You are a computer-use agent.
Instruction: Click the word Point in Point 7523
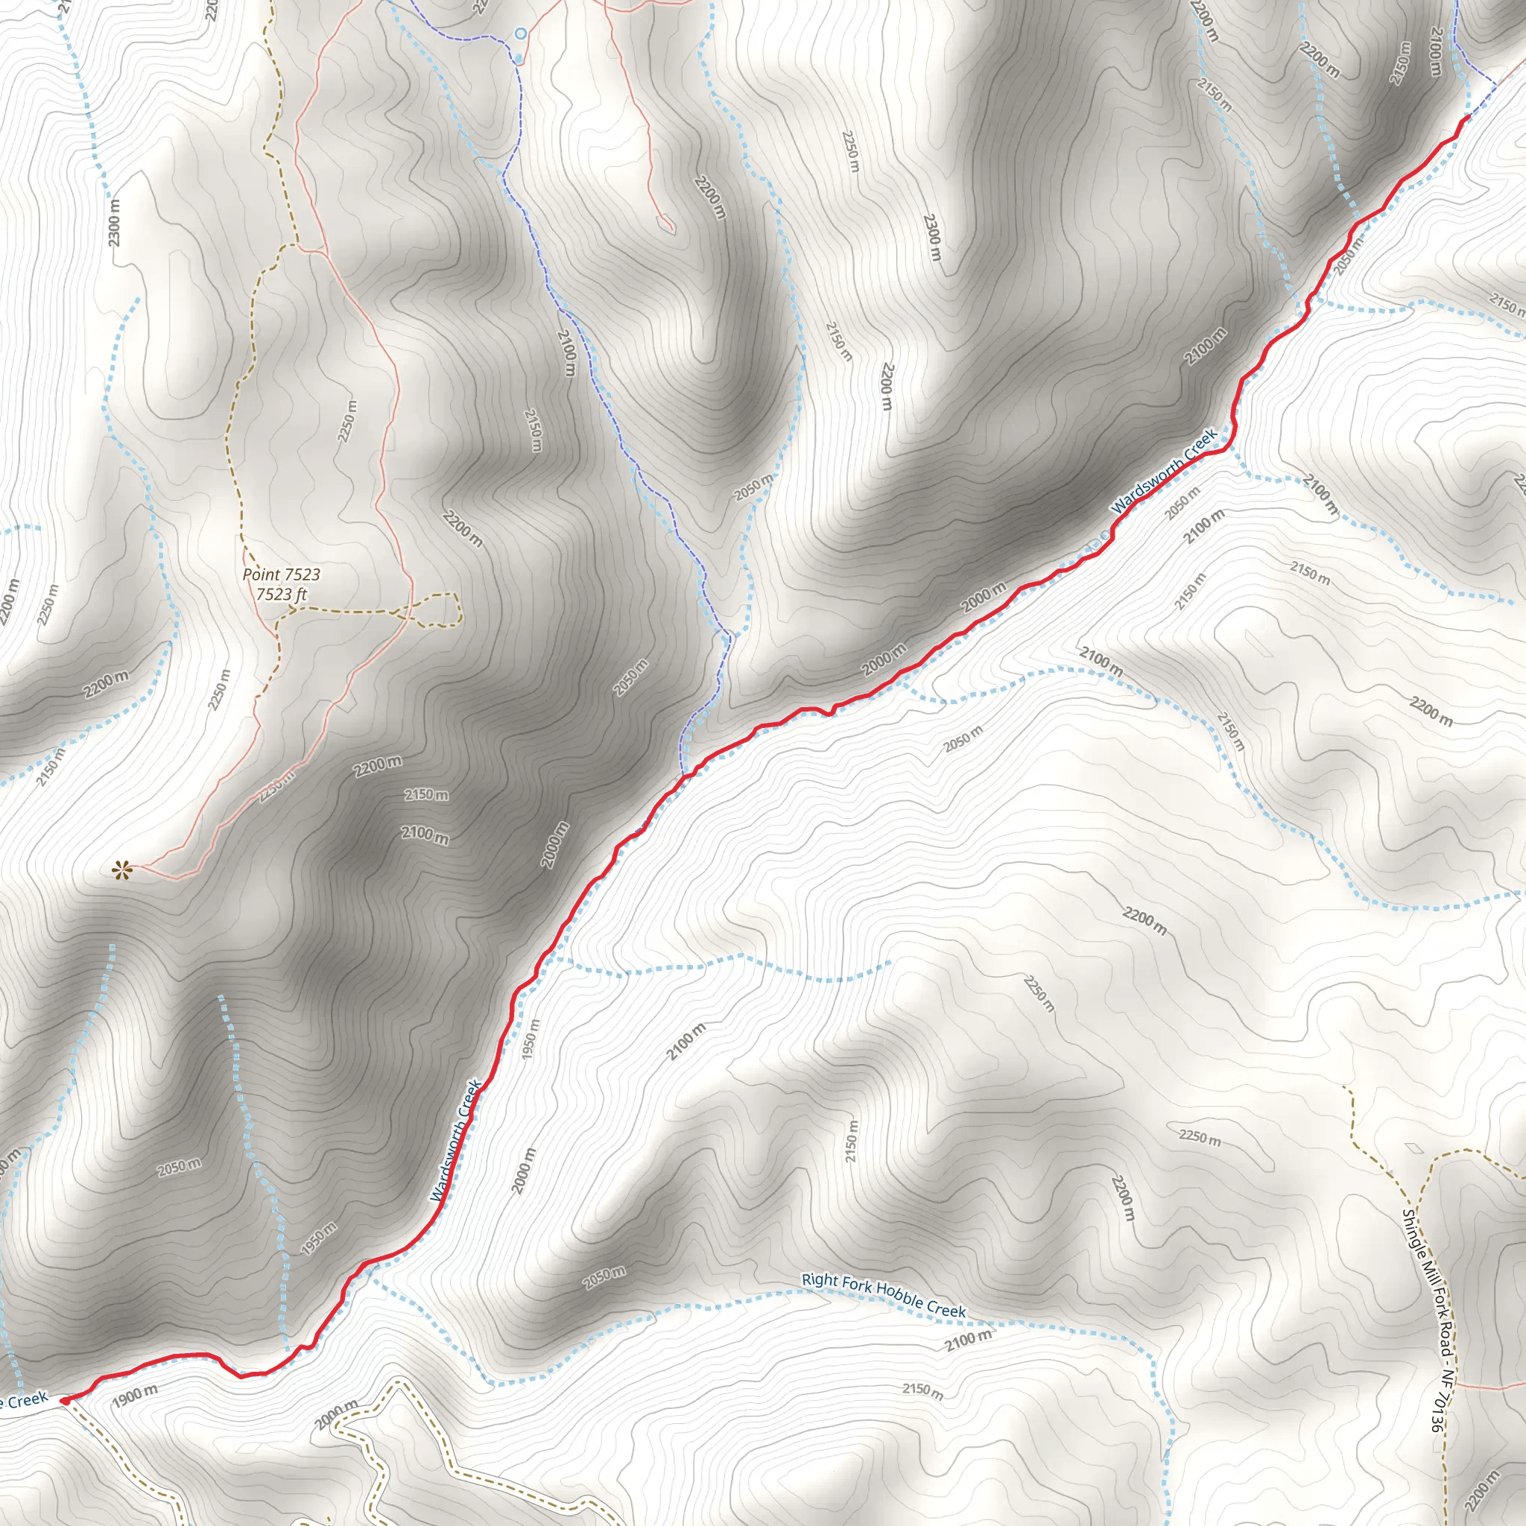pos(261,574)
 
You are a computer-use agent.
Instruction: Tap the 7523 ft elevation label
pos(281,594)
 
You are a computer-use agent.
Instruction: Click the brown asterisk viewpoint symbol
pos(121,871)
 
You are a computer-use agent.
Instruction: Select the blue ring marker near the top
pos(521,34)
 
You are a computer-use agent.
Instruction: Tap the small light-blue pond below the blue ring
pos(518,58)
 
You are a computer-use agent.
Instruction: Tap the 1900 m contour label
pos(134,1396)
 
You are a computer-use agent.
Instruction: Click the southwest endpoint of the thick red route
pos(64,1399)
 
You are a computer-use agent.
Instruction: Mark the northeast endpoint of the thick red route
pos(1466,117)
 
